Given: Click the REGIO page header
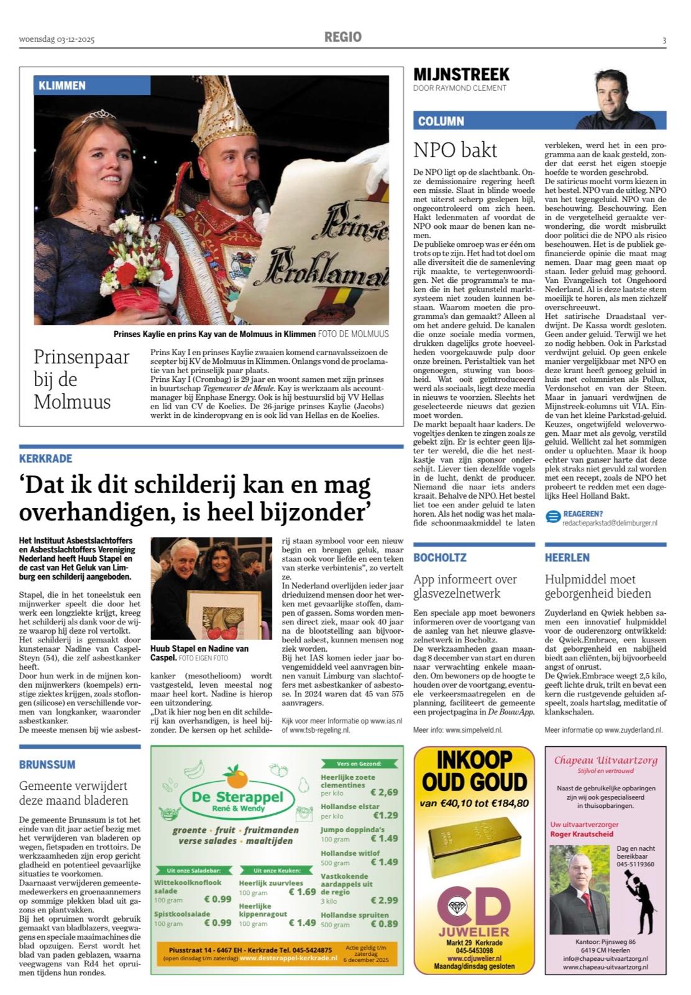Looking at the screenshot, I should coord(342,37).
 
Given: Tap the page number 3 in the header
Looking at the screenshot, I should coord(664,40).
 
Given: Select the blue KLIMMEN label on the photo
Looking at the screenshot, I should coord(62,86).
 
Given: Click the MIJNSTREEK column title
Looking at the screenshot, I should coord(461,75).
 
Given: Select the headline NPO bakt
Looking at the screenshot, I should coord(455,150).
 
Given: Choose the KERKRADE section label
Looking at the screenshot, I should coord(45,458).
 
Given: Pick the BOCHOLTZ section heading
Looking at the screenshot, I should coord(440,557).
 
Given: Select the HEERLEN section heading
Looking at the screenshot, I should coord(567,557).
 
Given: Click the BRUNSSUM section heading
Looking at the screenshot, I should coord(47,764).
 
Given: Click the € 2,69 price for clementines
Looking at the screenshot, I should coord(384,792).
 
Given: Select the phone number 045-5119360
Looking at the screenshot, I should coord(635,864).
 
